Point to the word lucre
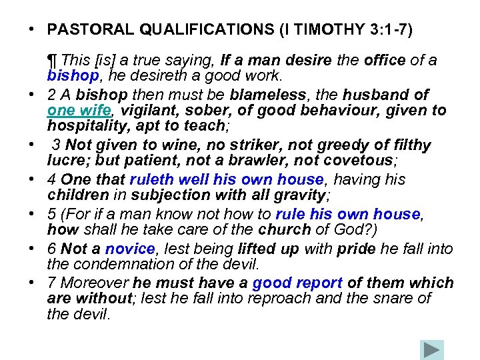65,160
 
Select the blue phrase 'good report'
297,283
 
